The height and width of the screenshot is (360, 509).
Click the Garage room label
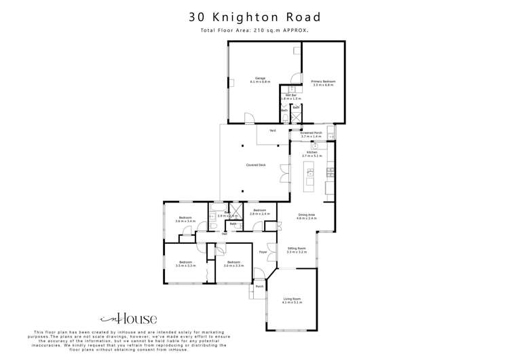(x=260, y=79)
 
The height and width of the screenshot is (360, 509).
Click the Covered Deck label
(x=255, y=165)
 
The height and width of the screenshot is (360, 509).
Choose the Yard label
(x=272, y=130)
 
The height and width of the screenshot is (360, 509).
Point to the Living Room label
(x=291, y=300)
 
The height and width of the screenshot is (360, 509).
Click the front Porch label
(x=259, y=286)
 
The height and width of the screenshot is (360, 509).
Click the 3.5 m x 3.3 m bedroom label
(x=185, y=264)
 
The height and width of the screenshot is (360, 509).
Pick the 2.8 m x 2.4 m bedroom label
(x=261, y=212)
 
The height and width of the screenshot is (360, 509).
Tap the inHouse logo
(x=129, y=318)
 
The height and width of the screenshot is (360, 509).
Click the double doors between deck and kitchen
(x=283, y=175)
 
